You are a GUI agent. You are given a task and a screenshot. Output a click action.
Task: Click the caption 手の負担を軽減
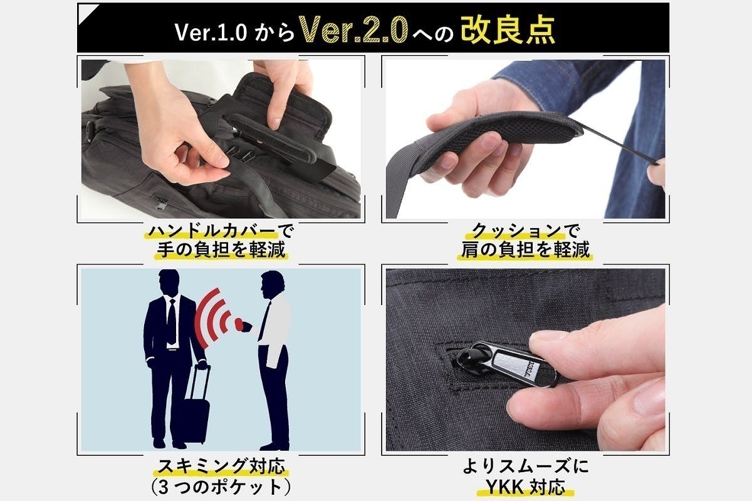220,250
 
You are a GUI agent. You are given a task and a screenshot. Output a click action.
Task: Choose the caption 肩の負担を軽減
528,250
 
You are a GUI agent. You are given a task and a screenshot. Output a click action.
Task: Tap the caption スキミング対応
220,467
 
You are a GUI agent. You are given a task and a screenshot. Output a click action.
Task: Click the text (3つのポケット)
220,487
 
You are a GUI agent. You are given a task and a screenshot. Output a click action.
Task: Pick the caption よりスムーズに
528,467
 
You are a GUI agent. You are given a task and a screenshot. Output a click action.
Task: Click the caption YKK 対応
528,487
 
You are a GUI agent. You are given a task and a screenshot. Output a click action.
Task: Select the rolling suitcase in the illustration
196,407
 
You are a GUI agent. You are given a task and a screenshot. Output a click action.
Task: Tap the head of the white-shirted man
271,284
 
